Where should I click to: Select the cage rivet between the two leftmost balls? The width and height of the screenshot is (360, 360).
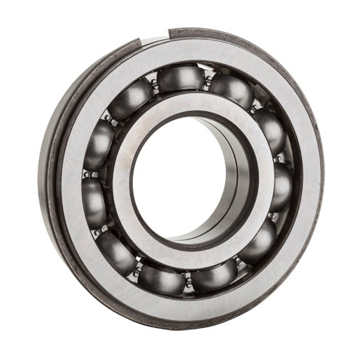tap(86, 174)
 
